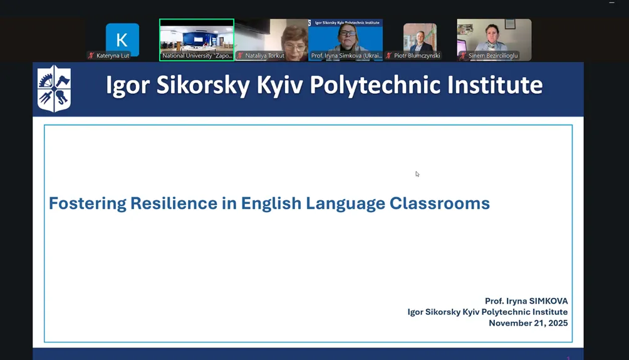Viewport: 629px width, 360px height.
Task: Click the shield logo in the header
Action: click(x=54, y=89)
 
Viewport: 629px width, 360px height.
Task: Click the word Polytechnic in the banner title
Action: click(x=375, y=85)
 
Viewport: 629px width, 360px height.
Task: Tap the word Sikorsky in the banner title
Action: click(x=203, y=85)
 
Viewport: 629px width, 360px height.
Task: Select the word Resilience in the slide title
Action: click(x=174, y=203)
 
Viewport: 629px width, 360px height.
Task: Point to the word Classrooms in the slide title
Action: click(x=440, y=203)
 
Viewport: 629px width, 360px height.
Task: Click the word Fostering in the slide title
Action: click(x=88, y=203)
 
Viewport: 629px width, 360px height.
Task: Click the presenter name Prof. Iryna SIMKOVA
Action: click(x=526, y=301)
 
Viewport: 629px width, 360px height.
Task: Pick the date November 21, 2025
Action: click(x=528, y=323)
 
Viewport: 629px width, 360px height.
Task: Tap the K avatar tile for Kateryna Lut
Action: click(x=122, y=39)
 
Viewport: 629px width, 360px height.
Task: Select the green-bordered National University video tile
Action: click(x=197, y=39)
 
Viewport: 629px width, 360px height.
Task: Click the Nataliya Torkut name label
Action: click(x=265, y=56)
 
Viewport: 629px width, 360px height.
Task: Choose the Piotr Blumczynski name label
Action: click(x=417, y=56)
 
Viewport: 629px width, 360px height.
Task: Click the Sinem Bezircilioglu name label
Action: click(x=493, y=56)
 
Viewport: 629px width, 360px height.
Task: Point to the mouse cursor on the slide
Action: click(x=417, y=174)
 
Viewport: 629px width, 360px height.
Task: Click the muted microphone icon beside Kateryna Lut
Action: click(x=91, y=56)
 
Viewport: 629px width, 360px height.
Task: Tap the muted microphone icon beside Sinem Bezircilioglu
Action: click(x=464, y=56)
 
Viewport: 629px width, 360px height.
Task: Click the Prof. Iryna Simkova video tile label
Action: click(x=346, y=56)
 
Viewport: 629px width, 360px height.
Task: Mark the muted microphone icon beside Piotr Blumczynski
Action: click(x=388, y=56)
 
